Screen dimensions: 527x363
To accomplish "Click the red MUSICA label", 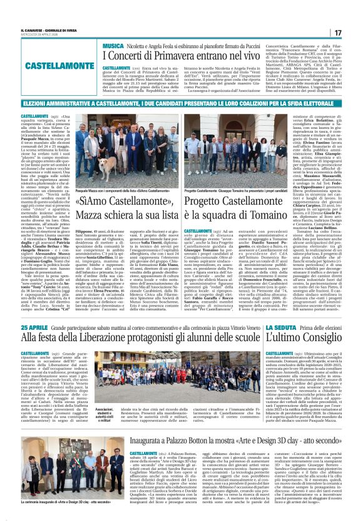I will (113, 46).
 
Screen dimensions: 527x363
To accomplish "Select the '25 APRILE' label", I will (34, 327).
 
